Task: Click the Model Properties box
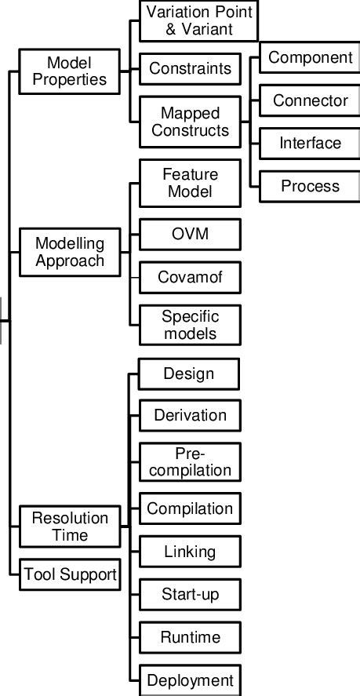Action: pyautogui.click(x=69, y=71)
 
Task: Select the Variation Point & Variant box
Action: pyautogui.click(x=190, y=22)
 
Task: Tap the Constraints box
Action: pyautogui.click(x=190, y=69)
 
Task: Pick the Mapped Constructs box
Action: pyautogui.click(x=190, y=121)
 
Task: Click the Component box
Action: pyautogui.click(x=310, y=58)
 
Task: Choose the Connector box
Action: pyautogui.click(x=310, y=100)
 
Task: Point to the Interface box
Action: pyautogui.click(x=310, y=144)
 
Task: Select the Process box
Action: pyautogui.click(x=310, y=186)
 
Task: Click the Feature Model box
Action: pyautogui.click(x=190, y=182)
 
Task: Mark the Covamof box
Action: pyautogui.click(x=190, y=277)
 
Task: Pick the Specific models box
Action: pyautogui.click(x=190, y=325)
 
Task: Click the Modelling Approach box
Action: pyautogui.click(x=69, y=251)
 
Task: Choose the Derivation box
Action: pyautogui.click(x=190, y=415)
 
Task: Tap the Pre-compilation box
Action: pyautogui.click(x=190, y=462)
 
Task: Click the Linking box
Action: pyautogui.click(x=190, y=552)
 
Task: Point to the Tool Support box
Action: pyautogui.click(x=69, y=574)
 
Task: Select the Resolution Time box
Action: pyautogui.click(x=69, y=527)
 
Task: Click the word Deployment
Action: pyautogui.click(x=190, y=680)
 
